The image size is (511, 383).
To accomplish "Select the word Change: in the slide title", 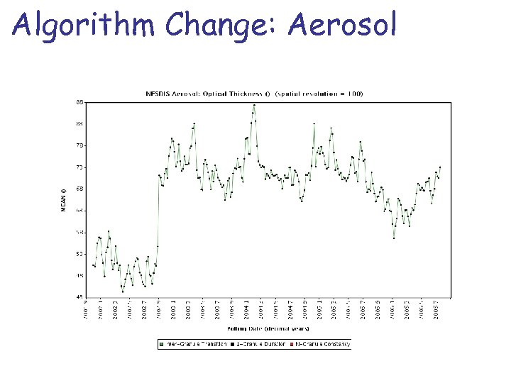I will click(x=214, y=26).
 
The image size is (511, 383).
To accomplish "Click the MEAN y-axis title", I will click(x=63, y=199).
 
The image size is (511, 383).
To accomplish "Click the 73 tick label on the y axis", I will click(x=79, y=145).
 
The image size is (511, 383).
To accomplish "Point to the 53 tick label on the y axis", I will click(x=79, y=253).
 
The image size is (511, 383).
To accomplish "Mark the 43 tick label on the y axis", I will click(x=79, y=296).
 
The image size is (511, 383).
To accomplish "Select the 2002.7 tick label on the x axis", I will click(x=144, y=310).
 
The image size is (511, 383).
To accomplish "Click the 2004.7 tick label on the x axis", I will click(x=290, y=310).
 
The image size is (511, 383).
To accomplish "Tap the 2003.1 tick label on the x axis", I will click(x=173, y=310).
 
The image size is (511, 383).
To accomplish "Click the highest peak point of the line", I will click(x=253, y=105).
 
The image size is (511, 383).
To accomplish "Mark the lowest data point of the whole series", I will click(x=122, y=291).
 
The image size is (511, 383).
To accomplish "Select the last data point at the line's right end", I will click(x=440, y=167).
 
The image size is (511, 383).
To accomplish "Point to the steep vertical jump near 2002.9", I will click(x=158, y=213).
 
